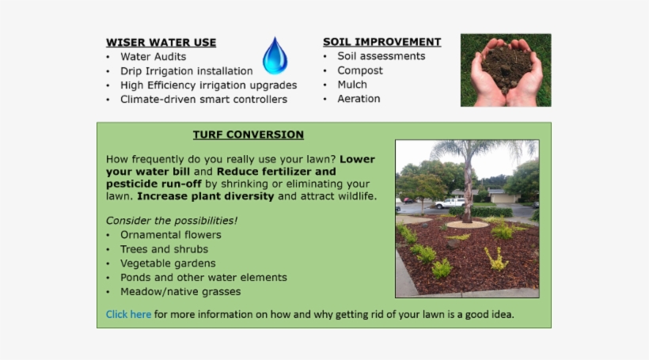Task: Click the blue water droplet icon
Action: [275, 56]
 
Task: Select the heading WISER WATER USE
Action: [161, 43]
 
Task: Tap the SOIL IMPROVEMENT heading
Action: [381, 42]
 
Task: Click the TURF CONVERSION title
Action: [248, 135]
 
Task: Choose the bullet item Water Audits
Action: [153, 57]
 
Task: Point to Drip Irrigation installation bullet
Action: [186, 71]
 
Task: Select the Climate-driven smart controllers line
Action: [203, 100]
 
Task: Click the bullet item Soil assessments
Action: [381, 56]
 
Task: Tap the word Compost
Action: [359, 70]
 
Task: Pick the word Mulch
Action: [352, 85]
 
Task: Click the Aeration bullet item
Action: [359, 99]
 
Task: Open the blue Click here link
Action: [128, 314]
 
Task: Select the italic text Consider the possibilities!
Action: [172, 220]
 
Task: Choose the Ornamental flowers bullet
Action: [170, 235]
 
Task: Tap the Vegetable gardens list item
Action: [168, 263]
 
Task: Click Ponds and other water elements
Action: [203, 278]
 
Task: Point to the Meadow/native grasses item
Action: [180, 292]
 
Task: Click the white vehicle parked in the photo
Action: [450, 203]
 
